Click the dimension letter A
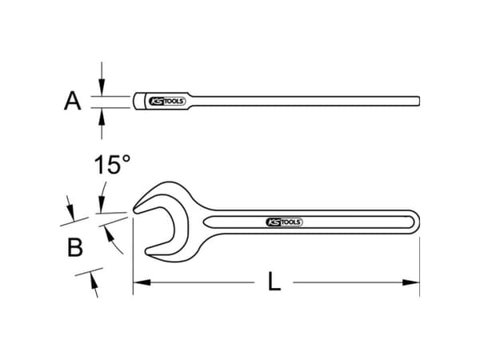click(x=73, y=101)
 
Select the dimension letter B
click(x=74, y=248)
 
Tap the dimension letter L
click(x=274, y=282)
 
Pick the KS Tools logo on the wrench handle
click(x=283, y=222)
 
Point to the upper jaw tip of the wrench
click(x=138, y=209)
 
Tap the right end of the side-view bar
click(x=418, y=101)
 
